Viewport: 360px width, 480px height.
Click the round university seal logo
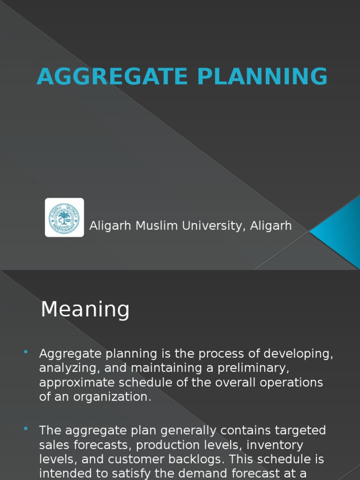64,217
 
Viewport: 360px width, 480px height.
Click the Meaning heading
85,309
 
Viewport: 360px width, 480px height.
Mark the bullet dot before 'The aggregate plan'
25,429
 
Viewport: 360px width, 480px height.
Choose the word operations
291,382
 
